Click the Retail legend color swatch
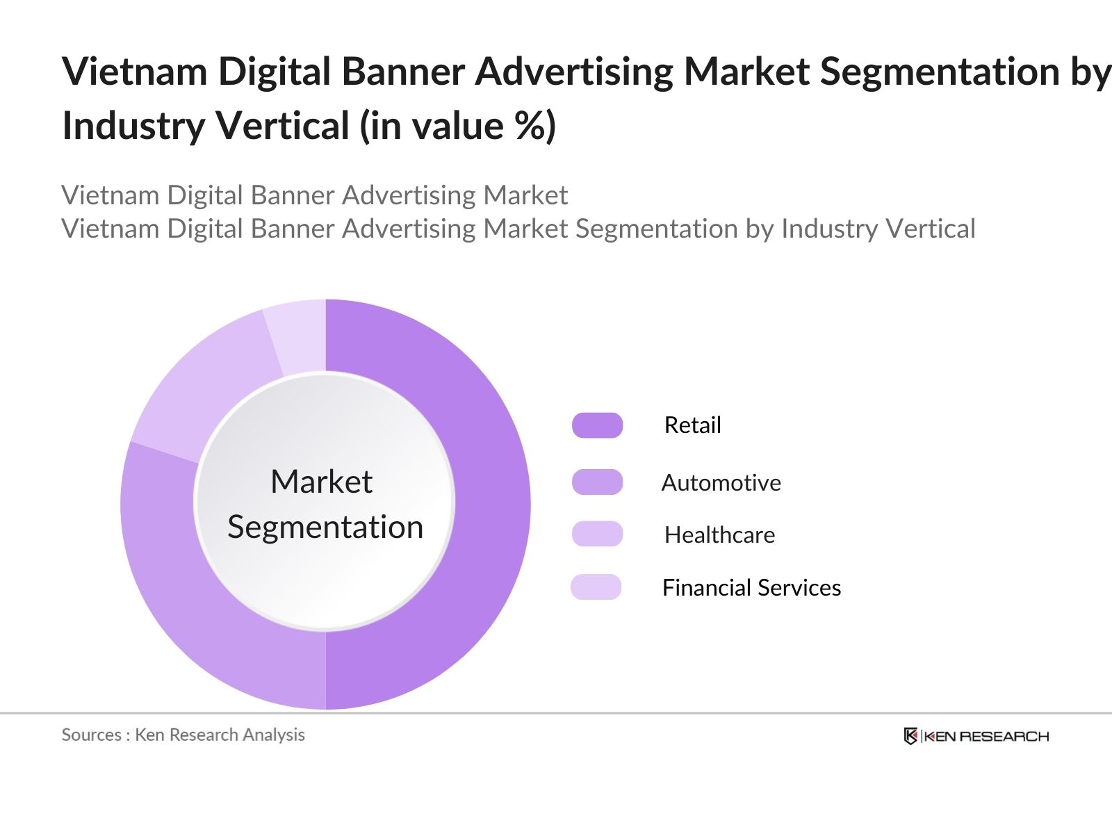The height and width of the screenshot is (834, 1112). [x=597, y=425]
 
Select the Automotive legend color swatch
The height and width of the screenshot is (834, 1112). [x=597, y=482]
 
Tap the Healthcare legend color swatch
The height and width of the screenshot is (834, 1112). [x=597, y=534]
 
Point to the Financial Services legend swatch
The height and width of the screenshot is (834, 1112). [x=596, y=587]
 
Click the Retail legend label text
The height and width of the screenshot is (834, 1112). [x=692, y=425]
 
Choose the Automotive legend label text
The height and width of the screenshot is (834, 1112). [x=721, y=482]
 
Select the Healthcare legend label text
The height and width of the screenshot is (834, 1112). [x=719, y=534]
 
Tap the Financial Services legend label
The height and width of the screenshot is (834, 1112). [x=751, y=588]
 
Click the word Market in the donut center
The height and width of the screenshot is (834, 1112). [x=321, y=482]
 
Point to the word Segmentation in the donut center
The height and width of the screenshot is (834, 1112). [x=325, y=527]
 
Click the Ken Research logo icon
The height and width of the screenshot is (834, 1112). [x=910, y=736]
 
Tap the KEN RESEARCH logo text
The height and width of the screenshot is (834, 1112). [x=986, y=737]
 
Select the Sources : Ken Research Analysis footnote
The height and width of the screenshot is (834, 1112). [x=183, y=735]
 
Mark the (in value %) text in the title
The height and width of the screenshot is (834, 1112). [x=458, y=126]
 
